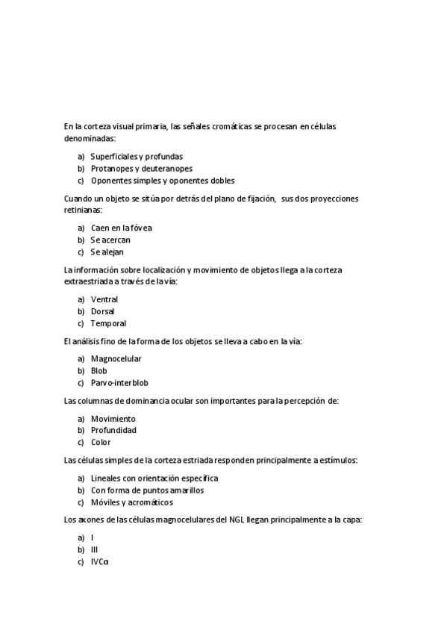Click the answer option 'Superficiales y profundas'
pyautogui.click(x=137, y=157)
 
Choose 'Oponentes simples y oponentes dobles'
pyautogui.click(x=163, y=181)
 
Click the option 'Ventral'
pyautogui.click(x=104, y=299)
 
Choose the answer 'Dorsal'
pyautogui.click(x=103, y=311)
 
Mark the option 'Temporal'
pyautogui.click(x=108, y=323)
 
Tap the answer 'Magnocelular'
pyautogui.click(x=116, y=359)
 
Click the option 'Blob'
pyautogui.click(x=99, y=371)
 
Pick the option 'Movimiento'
pyautogui.click(x=113, y=419)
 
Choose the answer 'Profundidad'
pyautogui.click(x=113, y=430)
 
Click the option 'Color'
pyautogui.click(x=101, y=442)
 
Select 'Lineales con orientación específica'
pyautogui.click(x=154, y=478)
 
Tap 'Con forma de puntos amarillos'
pyautogui.click(x=147, y=490)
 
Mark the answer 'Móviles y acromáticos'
pyautogui.click(x=133, y=502)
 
